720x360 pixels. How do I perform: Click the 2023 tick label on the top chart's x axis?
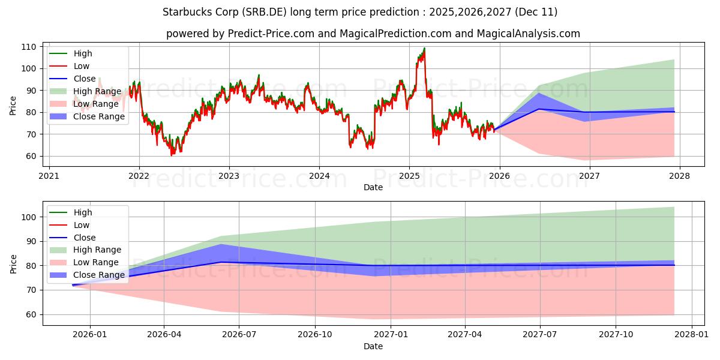tap(229, 176)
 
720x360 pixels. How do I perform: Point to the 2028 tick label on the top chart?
tap(679, 176)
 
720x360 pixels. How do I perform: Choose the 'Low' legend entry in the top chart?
tap(82, 66)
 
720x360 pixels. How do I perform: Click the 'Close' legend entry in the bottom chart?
tap(85, 238)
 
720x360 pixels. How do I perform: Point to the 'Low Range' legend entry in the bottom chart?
tap(96, 262)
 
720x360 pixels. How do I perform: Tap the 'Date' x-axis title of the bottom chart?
tap(373, 346)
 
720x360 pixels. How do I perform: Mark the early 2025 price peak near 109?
tap(424, 49)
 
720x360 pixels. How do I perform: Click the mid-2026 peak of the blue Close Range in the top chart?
tap(539, 94)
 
